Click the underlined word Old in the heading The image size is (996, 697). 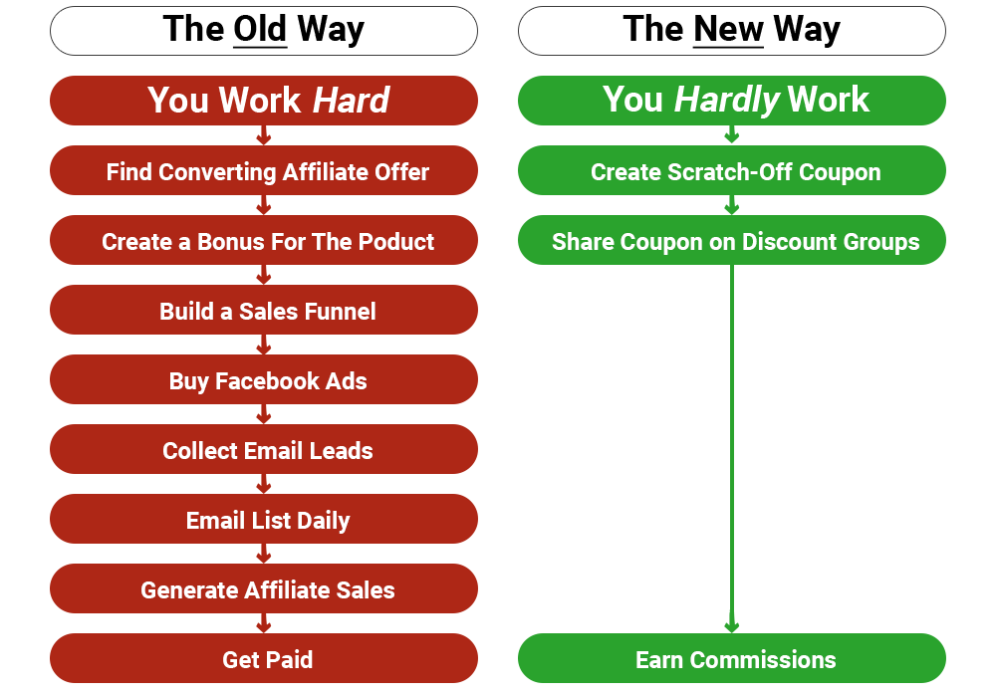[x=260, y=29]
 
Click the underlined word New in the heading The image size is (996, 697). [x=728, y=29]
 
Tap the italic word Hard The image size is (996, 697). [x=352, y=101]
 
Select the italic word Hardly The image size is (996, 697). [x=727, y=101]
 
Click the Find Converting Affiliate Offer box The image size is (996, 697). [x=264, y=170]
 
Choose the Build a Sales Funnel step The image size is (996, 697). [x=264, y=310]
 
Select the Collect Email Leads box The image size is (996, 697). [x=264, y=449]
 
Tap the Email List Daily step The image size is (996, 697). [x=264, y=519]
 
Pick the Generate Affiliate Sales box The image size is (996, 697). [x=264, y=588]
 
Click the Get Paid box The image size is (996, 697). [x=264, y=658]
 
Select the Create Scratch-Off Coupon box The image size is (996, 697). [x=732, y=170]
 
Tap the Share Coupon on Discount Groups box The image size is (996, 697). [x=732, y=240]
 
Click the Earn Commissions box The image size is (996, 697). [x=732, y=658]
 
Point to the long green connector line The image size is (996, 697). [x=732, y=448]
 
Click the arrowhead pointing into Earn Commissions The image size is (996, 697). [x=732, y=627]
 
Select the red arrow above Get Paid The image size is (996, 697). [x=264, y=622]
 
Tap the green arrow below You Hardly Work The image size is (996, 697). [x=732, y=134]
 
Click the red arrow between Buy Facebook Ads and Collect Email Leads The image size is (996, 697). [x=264, y=414]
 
